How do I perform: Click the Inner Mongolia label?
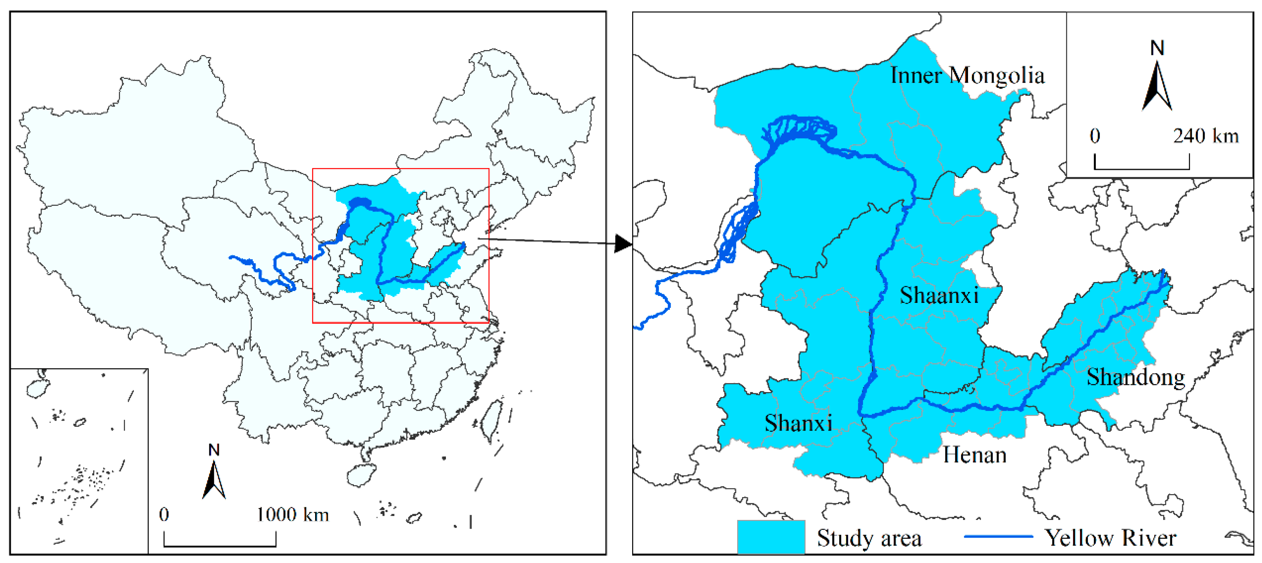967,76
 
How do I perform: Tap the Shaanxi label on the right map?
939,296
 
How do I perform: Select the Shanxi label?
798,423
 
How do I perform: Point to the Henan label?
975,455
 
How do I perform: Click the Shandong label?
1135,377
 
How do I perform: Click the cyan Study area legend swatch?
771,537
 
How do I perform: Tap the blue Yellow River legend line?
998,536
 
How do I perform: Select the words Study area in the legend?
869,538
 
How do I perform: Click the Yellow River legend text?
1110,538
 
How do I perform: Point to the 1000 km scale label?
292,515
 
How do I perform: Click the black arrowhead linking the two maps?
623,244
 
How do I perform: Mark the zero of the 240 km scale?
1095,136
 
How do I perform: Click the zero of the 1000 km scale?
164,515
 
